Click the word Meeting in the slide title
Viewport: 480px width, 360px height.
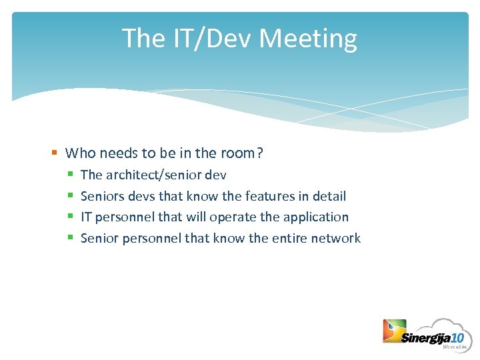point(308,39)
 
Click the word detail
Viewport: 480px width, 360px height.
point(329,196)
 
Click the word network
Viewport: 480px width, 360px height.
point(337,238)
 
